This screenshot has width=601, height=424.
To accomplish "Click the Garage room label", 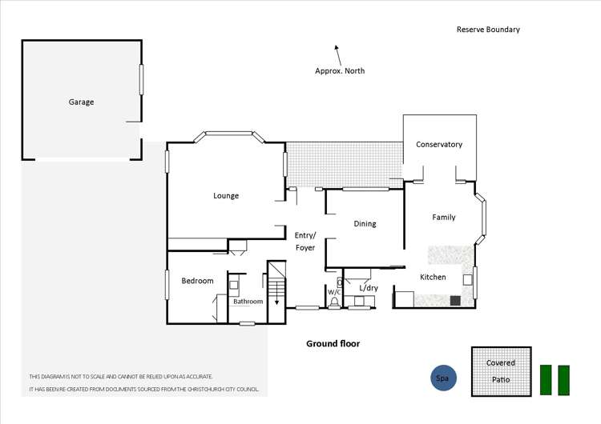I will pyautogui.click(x=81, y=102).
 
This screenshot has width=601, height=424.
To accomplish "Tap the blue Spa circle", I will pyautogui.click(x=442, y=378).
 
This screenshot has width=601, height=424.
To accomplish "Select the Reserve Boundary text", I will pyautogui.click(x=488, y=30).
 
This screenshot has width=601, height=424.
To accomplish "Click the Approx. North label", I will pyautogui.click(x=340, y=71).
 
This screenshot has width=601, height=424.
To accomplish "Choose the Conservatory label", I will pyautogui.click(x=439, y=145).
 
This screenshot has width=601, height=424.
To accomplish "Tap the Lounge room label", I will pyautogui.click(x=226, y=196).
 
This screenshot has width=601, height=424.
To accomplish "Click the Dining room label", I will pyautogui.click(x=365, y=224).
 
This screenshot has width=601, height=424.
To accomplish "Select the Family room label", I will pyautogui.click(x=444, y=218).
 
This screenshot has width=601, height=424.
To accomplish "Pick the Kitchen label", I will pyautogui.click(x=434, y=278).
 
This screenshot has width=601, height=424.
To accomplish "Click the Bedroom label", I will pyautogui.click(x=197, y=281).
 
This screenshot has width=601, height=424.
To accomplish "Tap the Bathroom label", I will pyautogui.click(x=248, y=302).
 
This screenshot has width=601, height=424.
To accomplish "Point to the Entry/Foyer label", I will pyautogui.click(x=305, y=241).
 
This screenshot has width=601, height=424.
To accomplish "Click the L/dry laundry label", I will pyautogui.click(x=369, y=288).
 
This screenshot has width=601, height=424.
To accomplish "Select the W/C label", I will pyautogui.click(x=334, y=293).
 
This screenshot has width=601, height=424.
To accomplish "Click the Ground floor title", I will pyautogui.click(x=333, y=344).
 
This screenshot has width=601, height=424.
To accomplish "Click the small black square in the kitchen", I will pyautogui.click(x=454, y=301).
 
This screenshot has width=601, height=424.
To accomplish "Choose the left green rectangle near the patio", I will pyautogui.click(x=547, y=380).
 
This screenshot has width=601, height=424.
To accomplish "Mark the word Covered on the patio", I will pyautogui.click(x=501, y=363).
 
